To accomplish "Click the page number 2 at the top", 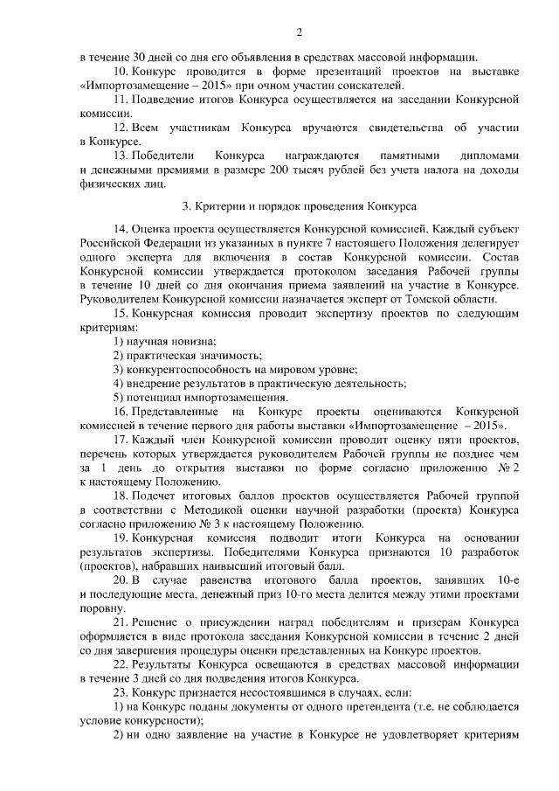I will pos(299,33).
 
